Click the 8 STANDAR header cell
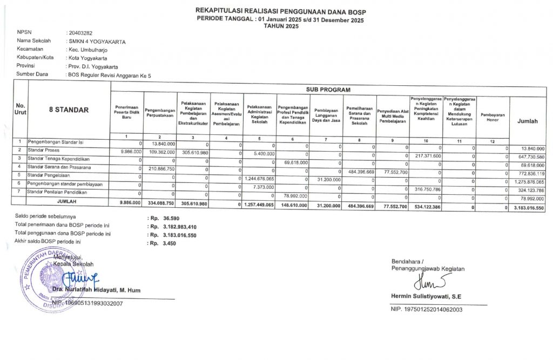coord(69,110)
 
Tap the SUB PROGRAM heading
coord(328,89)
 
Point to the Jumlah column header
coord(528,121)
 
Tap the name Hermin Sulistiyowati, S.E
coord(426,296)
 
